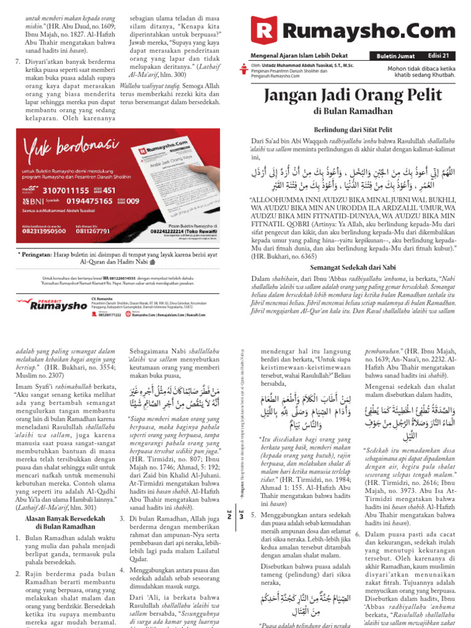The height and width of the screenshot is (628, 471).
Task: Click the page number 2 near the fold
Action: tap(229, 517)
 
